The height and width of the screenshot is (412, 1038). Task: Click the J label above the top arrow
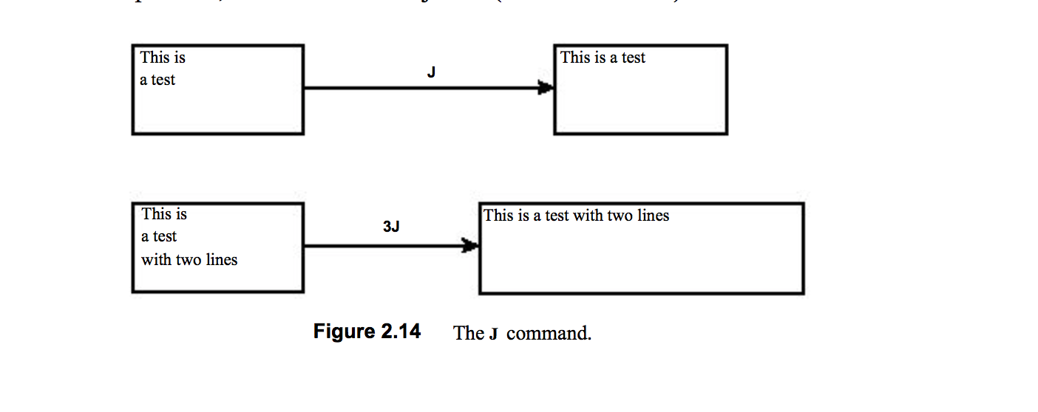431,72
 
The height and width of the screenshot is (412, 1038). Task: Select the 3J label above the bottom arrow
391,227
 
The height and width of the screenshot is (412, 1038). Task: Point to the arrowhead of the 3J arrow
470,246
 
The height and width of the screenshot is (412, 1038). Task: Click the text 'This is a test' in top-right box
603,58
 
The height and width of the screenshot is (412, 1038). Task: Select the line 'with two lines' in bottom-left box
189,260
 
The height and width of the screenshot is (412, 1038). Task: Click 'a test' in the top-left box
157,80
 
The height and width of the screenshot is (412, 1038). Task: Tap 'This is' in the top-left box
163,58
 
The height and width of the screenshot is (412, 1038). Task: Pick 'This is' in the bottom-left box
164,214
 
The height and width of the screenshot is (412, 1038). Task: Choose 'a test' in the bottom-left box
159,237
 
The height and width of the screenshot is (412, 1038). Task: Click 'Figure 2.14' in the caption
367,332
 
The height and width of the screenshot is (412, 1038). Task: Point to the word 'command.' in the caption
549,333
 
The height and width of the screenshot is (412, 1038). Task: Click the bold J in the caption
492,334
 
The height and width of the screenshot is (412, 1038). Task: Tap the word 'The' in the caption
469,333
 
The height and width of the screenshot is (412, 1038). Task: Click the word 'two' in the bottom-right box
618,216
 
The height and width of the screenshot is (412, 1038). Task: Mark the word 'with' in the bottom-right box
588,216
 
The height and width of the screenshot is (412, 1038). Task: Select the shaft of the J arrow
421,88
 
